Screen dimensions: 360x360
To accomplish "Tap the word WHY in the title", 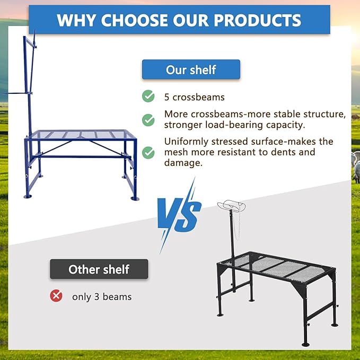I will click(76, 20).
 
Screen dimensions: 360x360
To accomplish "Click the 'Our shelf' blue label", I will click(191, 69).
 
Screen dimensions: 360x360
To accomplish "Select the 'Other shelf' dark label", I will click(99, 269).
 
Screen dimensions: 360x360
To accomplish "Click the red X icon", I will click(56, 296).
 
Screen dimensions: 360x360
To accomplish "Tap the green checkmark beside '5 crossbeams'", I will click(148, 96).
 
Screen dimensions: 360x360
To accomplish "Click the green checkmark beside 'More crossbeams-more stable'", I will click(148, 120).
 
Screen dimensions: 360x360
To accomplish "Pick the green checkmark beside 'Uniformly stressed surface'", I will click(148, 153).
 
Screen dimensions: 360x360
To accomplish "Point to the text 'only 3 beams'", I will click(102, 296).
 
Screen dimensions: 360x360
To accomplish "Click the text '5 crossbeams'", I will click(195, 97).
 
